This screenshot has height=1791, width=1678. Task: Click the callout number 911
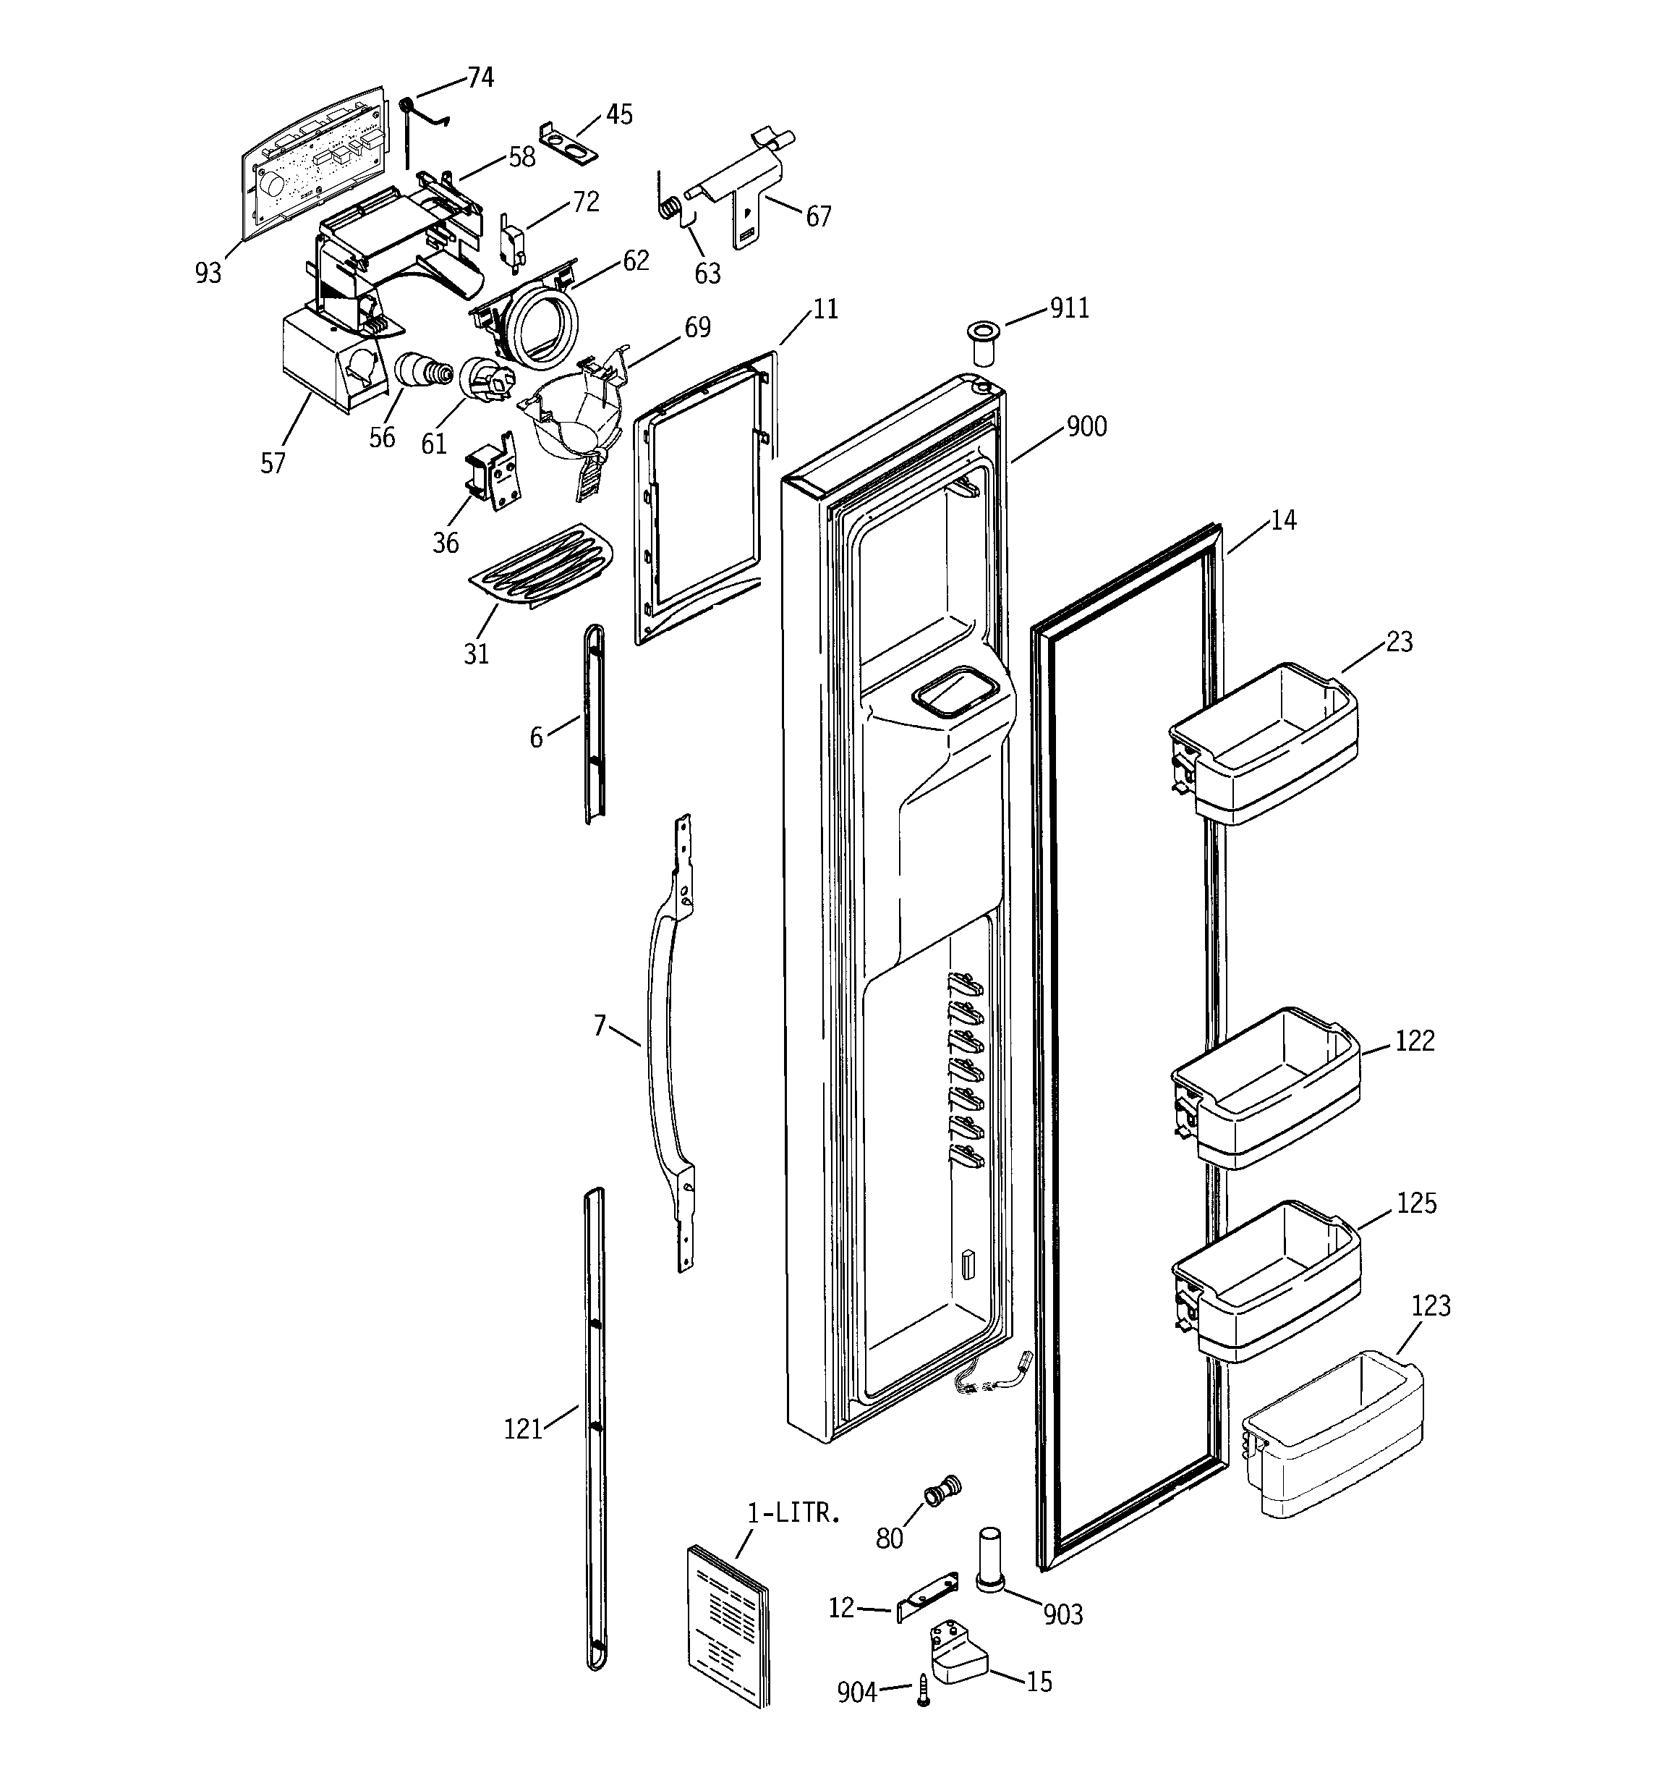tap(1069, 309)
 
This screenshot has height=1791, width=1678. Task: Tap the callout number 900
tap(1086, 426)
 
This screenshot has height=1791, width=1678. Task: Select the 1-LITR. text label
tap(793, 1514)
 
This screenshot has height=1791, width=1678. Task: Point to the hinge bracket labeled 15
tap(957, 1656)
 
